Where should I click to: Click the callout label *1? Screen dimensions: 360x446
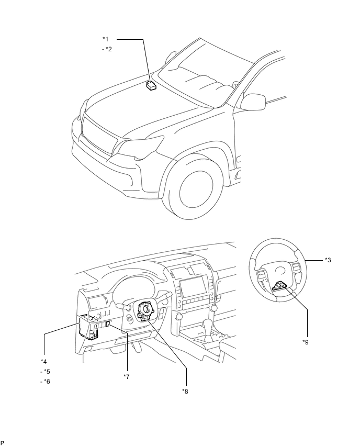click(106, 39)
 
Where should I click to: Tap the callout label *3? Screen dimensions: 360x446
click(328, 260)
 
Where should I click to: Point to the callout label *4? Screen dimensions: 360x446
click(44, 362)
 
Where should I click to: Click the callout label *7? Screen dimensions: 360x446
click(127, 377)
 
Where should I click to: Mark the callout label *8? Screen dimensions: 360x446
click(185, 392)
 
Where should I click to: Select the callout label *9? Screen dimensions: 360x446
click(306, 342)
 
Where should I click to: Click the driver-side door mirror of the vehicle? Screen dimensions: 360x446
click(253, 102)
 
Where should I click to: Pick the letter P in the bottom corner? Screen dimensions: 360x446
click(2, 442)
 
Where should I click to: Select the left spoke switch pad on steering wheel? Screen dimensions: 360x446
click(261, 275)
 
